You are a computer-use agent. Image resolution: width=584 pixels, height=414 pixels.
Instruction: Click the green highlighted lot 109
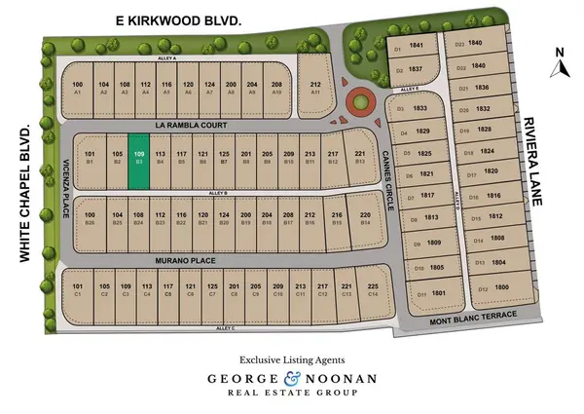pos(139,168)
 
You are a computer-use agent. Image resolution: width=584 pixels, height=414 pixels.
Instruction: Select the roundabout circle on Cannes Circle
pos(359,101)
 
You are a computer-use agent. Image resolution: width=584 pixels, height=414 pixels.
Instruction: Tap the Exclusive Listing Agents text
pos(292,358)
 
